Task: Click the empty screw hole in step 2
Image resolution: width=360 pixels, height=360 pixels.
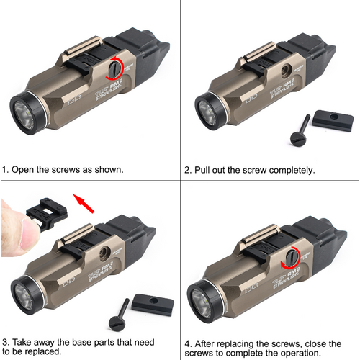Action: (x=287, y=71)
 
